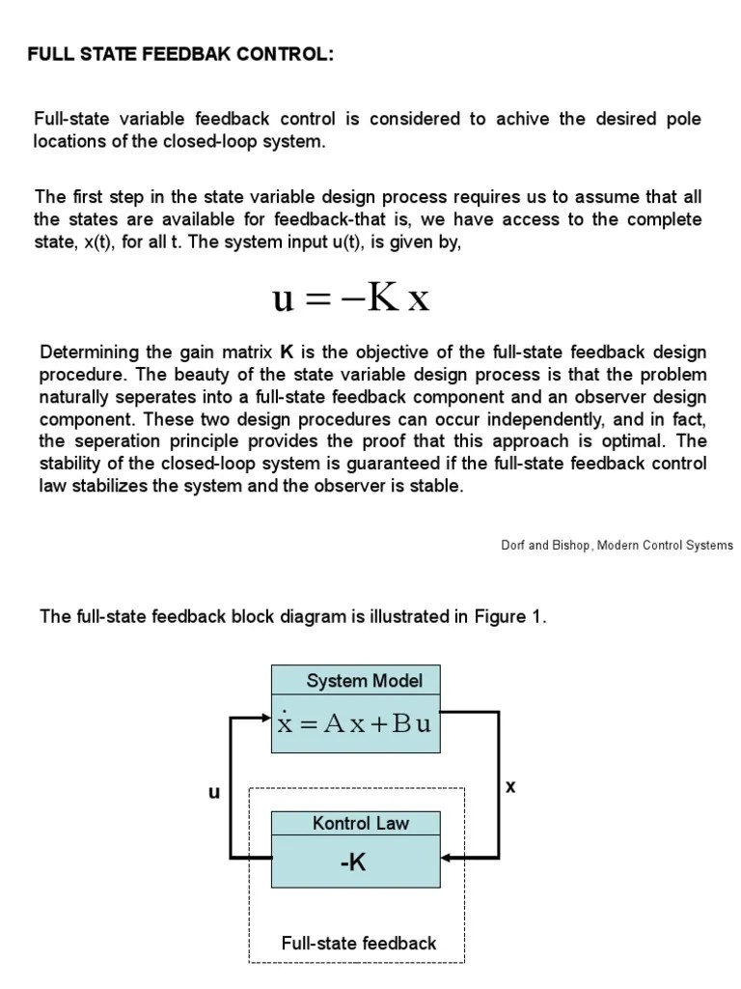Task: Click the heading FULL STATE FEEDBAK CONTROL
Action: point(180,55)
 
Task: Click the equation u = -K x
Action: point(350,298)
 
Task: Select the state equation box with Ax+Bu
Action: point(355,723)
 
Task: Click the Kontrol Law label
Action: point(360,824)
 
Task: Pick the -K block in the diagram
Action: point(354,862)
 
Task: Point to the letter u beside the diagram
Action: point(214,793)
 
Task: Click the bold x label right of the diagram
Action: point(510,787)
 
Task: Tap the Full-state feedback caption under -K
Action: point(359,943)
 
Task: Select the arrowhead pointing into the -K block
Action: point(447,857)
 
